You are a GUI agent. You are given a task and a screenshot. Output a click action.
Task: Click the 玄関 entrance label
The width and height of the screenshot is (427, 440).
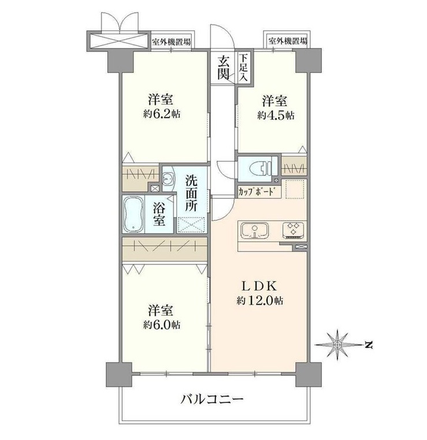tap(224, 68)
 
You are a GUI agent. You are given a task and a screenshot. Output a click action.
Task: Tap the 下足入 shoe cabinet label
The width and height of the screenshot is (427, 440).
tap(244, 68)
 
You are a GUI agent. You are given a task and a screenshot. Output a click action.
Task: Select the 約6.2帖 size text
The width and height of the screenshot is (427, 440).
tap(162, 114)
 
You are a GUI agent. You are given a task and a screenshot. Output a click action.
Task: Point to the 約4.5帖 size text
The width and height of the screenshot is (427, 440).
tap(276, 115)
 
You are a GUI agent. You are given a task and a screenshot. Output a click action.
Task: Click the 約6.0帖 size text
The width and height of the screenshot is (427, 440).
tap(162, 325)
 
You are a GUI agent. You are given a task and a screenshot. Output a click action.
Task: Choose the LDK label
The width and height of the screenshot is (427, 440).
tap(259, 286)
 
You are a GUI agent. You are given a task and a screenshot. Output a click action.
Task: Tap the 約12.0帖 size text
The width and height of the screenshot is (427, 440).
tap(259, 301)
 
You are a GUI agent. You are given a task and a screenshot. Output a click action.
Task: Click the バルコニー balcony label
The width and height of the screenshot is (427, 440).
tap(211, 399)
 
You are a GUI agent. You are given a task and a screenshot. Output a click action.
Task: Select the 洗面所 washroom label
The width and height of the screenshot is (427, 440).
tap(191, 193)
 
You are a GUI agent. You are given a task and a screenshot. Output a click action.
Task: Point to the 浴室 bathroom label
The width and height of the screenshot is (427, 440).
tap(159, 215)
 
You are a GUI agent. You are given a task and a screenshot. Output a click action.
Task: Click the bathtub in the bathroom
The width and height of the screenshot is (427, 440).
tap(133, 214)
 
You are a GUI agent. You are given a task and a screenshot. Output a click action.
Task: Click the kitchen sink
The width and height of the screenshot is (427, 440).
tap(255, 230)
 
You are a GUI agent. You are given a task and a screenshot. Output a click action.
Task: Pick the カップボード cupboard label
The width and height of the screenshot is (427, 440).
tap(255, 191)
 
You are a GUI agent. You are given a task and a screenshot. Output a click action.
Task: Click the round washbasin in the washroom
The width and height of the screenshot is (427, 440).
tap(168, 178)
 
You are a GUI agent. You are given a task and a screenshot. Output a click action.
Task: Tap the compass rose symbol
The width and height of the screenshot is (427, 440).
tap(337, 345)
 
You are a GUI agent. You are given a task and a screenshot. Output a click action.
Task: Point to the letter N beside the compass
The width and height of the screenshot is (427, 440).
tap(369, 345)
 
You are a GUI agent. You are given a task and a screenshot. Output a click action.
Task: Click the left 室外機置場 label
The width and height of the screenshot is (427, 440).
tap(171, 42)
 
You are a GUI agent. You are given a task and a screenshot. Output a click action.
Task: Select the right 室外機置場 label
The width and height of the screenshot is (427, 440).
tap(288, 41)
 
